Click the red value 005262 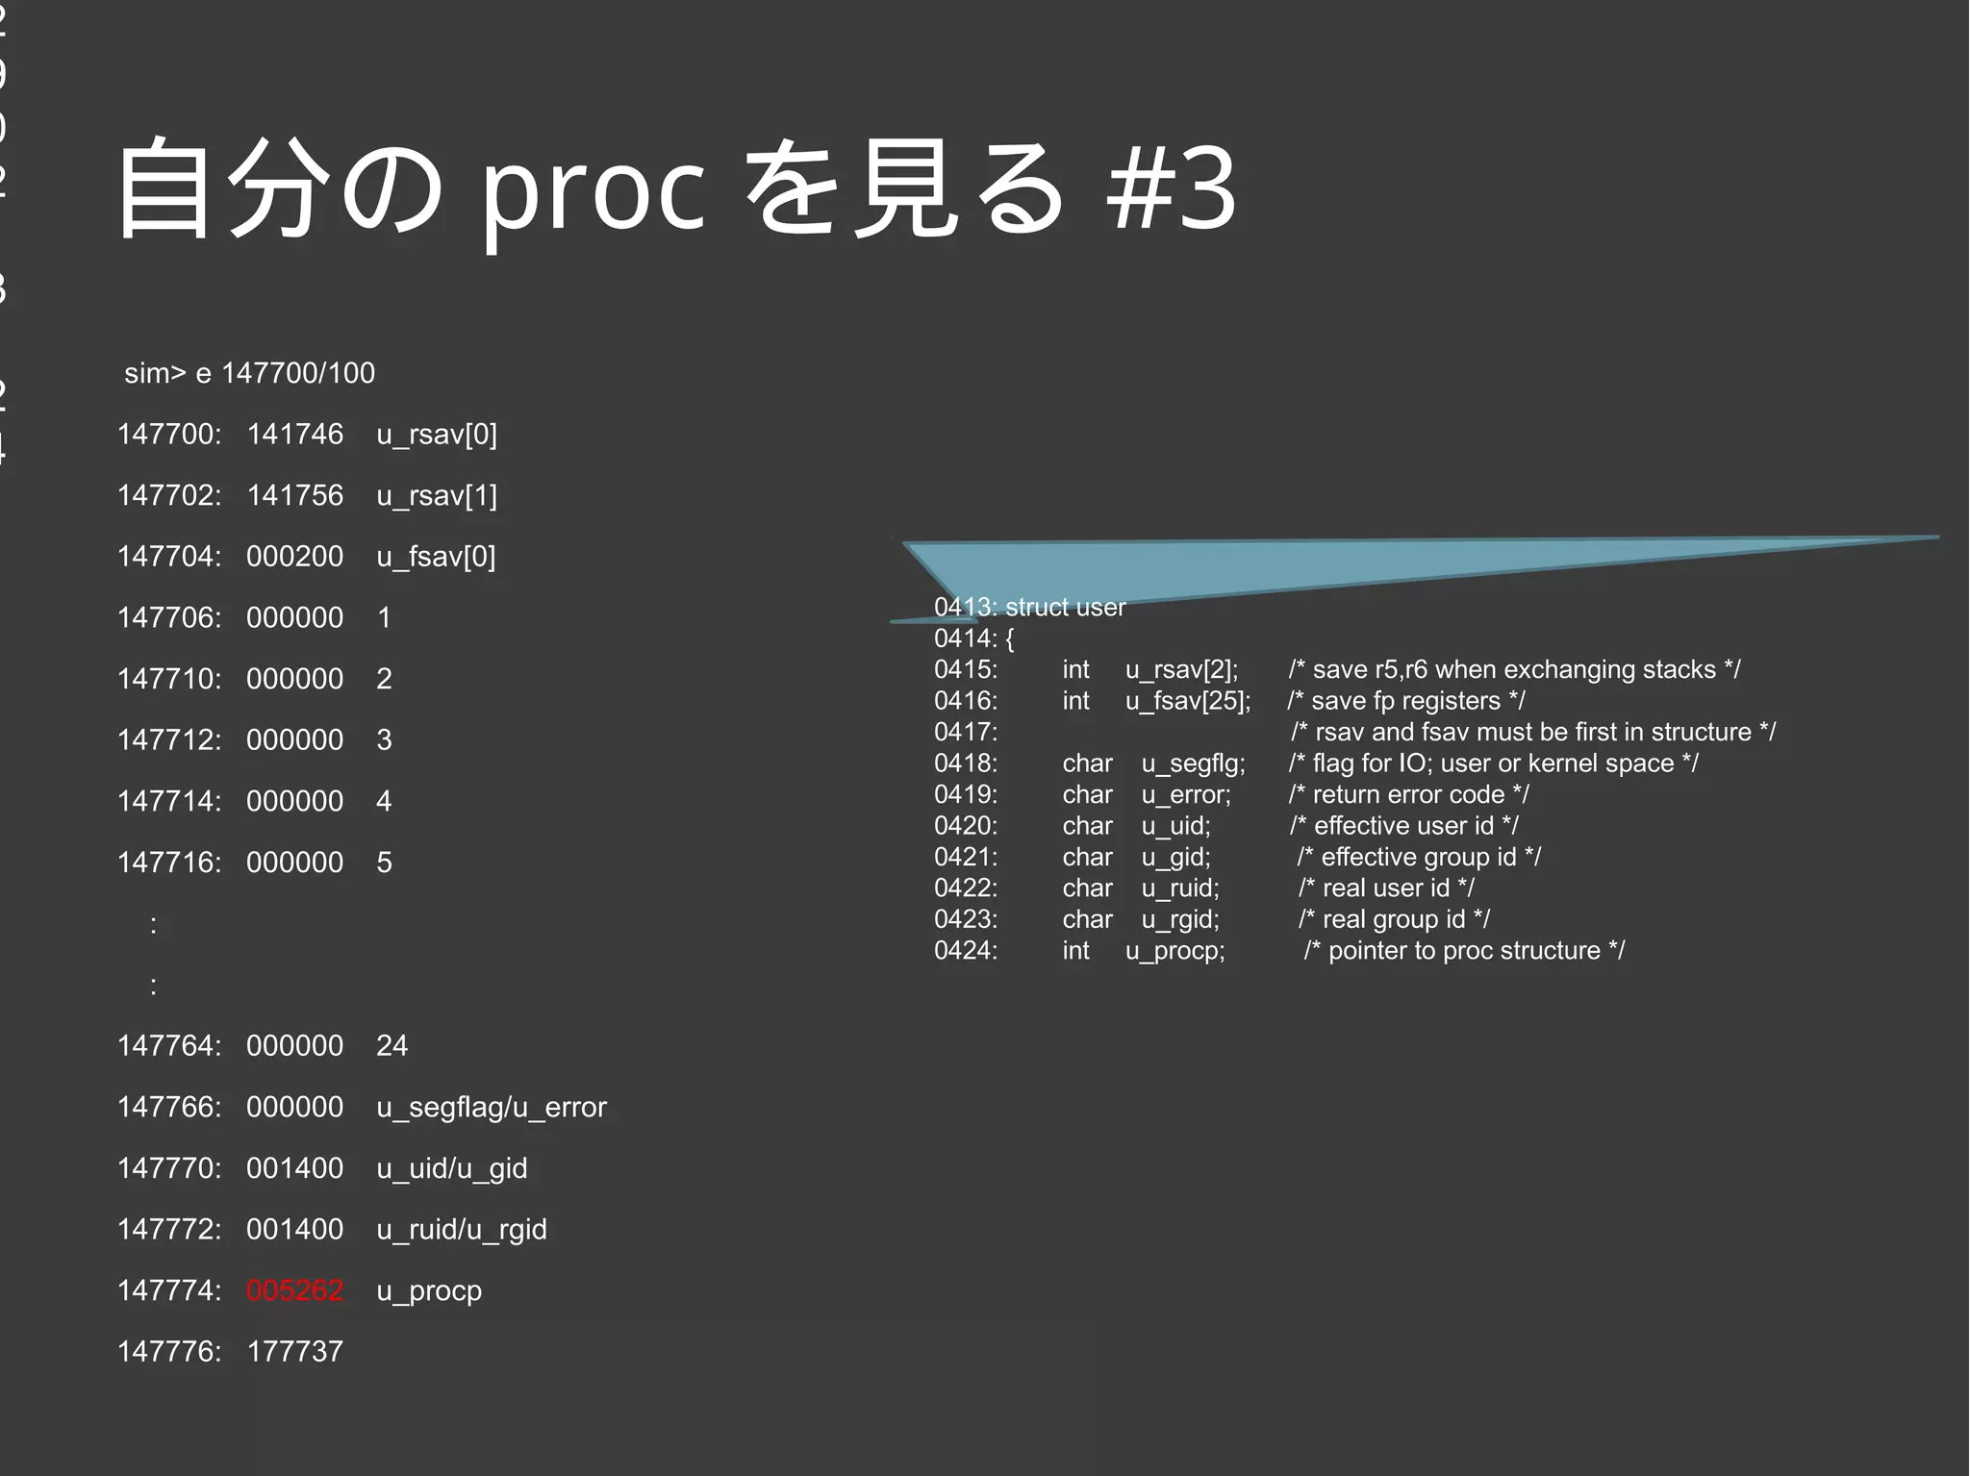coord(294,1290)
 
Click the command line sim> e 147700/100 coord(249,373)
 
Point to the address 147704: coord(169,557)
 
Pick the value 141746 coord(294,435)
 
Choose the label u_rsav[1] coord(437,496)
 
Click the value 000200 coord(294,557)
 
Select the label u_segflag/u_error coord(492,1108)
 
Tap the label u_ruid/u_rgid coord(462,1230)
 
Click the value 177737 coord(294,1352)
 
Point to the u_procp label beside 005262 coord(429,1290)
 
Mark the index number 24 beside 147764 coord(391,1046)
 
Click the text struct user coord(1065,608)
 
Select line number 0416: coord(966,701)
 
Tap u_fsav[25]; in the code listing coord(1188,701)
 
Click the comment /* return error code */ coord(1408,795)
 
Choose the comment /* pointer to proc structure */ coord(1464,951)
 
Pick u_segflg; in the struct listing coord(1193,763)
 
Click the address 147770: coord(169,1168)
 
